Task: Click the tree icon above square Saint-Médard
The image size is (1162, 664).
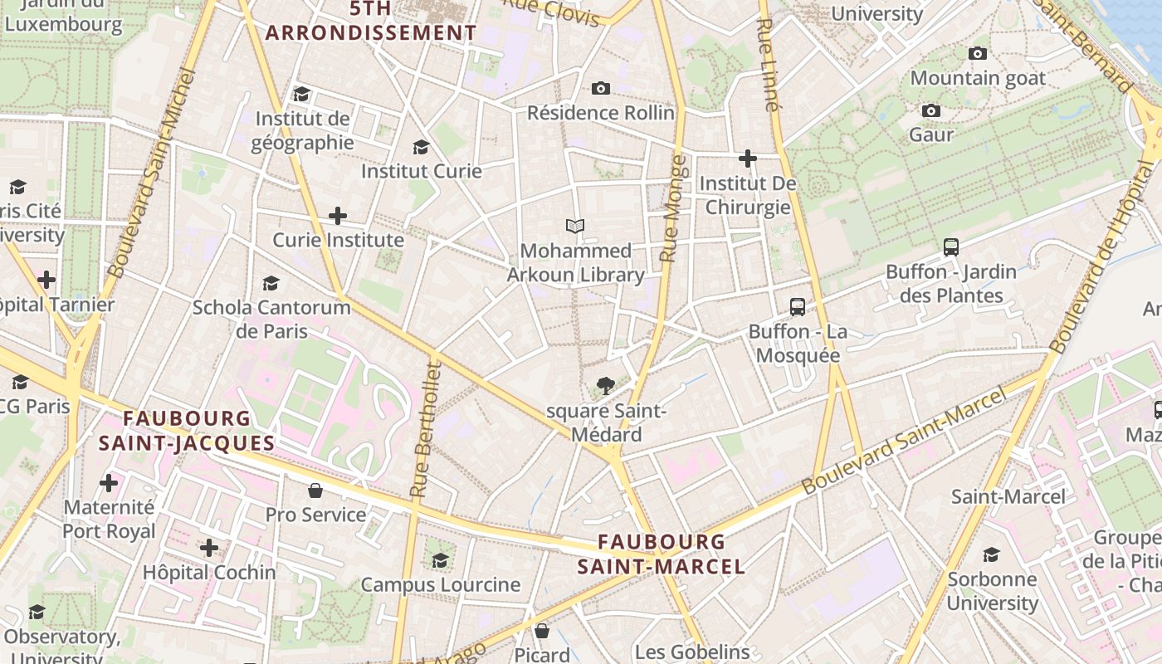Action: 606,385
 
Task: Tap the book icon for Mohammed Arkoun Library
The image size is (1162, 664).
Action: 574,226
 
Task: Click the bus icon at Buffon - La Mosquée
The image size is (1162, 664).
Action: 797,307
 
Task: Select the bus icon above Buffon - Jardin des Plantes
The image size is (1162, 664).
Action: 951,247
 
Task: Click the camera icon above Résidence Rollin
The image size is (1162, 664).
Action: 601,88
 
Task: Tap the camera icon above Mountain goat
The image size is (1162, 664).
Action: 978,54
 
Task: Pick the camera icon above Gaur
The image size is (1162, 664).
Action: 931,110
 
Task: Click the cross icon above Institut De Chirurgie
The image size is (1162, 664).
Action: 748,158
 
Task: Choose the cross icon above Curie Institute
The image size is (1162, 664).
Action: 338,216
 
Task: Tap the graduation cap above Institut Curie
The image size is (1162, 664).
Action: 421,147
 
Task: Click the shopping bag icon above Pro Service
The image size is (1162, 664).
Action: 315,491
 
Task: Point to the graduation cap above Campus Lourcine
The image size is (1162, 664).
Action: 440,560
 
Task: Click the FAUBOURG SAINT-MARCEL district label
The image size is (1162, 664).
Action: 662,554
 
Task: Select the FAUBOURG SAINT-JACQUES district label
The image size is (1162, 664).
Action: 186,430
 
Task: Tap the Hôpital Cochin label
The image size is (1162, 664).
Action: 209,573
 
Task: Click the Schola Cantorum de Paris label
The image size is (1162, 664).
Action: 271,320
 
